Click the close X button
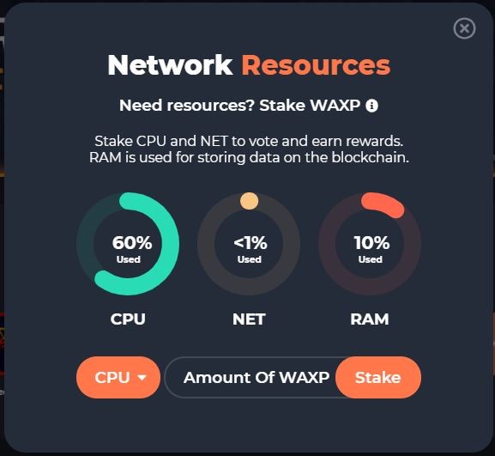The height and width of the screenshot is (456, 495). (x=464, y=28)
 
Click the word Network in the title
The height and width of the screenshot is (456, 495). (x=170, y=65)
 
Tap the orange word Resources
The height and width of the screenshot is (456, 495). (x=316, y=65)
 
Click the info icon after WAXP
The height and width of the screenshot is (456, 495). (x=371, y=106)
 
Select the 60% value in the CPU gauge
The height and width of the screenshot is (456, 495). (x=132, y=243)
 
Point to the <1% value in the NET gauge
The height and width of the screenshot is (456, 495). (x=251, y=243)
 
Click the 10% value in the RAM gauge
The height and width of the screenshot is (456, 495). (x=371, y=243)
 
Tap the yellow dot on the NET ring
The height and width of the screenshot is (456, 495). (x=249, y=201)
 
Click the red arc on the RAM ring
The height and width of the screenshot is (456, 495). (x=383, y=204)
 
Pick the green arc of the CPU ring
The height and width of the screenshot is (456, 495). (x=171, y=243)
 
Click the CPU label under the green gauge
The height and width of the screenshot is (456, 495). (x=128, y=319)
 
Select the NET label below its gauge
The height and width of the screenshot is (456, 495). (x=249, y=319)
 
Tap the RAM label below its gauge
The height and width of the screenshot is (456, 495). (x=370, y=319)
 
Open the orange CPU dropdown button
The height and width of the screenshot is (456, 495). (x=118, y=377)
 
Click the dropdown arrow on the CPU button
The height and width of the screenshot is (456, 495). (x=142, y=377)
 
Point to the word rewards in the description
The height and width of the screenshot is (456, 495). (x=375, y=141)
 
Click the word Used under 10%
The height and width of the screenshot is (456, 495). (x=371, y=259)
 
